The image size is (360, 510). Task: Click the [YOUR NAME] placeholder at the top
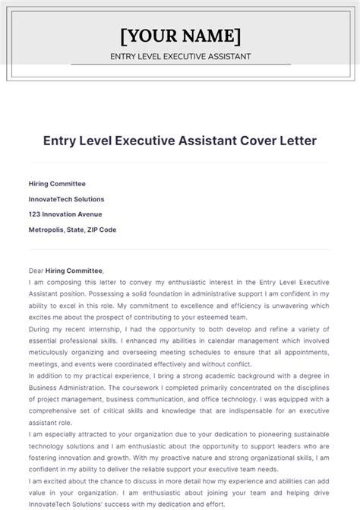click(x=180, y=36)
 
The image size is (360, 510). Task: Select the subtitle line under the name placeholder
click(x=180, y=57)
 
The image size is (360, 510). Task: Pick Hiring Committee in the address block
click(x=57, y=183)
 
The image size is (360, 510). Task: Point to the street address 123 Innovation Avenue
click(x=65, y=214)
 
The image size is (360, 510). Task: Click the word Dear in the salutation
click(x=36, y=271)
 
